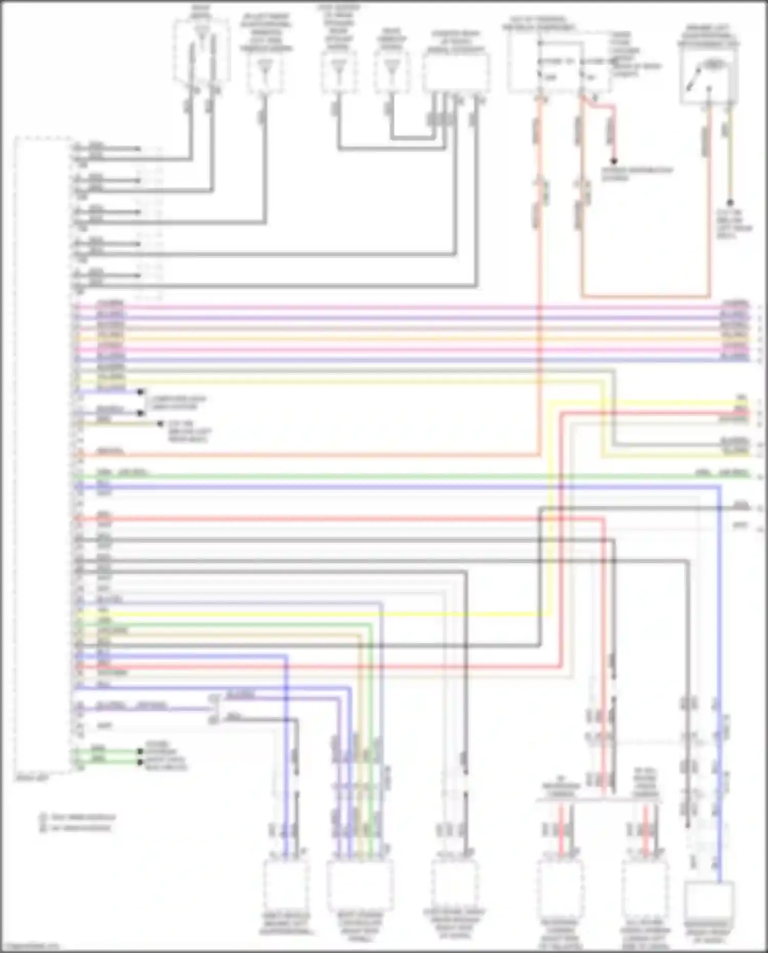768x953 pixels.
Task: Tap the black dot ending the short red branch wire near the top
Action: click(615, 161)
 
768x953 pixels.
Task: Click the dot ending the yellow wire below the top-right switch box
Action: click(730, 203)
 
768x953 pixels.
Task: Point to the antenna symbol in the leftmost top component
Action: click(201, 41)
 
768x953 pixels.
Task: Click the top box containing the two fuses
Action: click(558, 64)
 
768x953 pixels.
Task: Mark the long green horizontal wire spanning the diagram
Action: click(410, 477)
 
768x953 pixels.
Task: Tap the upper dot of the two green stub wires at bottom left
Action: click(140, 751)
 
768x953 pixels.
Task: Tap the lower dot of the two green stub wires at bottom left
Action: click(140, 761)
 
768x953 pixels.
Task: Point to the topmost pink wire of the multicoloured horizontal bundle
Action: click(410, 308)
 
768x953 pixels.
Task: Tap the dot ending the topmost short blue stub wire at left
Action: click(140, 392)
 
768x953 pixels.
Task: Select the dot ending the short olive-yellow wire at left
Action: click(160, 423)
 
